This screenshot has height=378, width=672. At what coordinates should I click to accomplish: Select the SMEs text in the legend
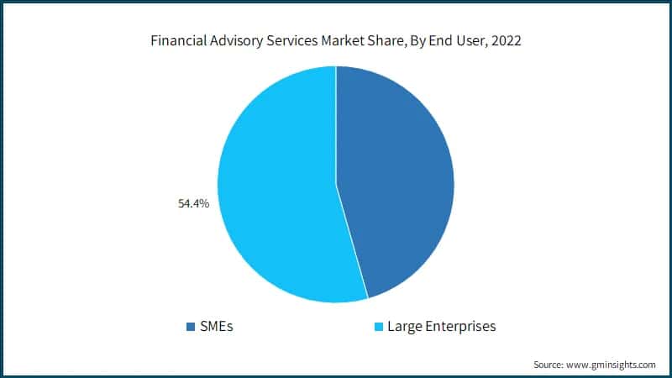(x=216, y=326)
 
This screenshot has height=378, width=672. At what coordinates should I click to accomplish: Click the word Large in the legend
(x=404, y=326)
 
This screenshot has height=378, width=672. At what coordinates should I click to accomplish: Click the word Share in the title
(x=392, y=40)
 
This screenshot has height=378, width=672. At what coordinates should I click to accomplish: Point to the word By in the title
(x=424, y=40)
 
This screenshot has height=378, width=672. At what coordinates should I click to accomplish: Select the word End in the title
(x=448, y=40)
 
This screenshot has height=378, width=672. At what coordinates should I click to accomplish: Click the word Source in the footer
(x=549, y=365)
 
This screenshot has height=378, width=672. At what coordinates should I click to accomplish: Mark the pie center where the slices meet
(x=336, y=184)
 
